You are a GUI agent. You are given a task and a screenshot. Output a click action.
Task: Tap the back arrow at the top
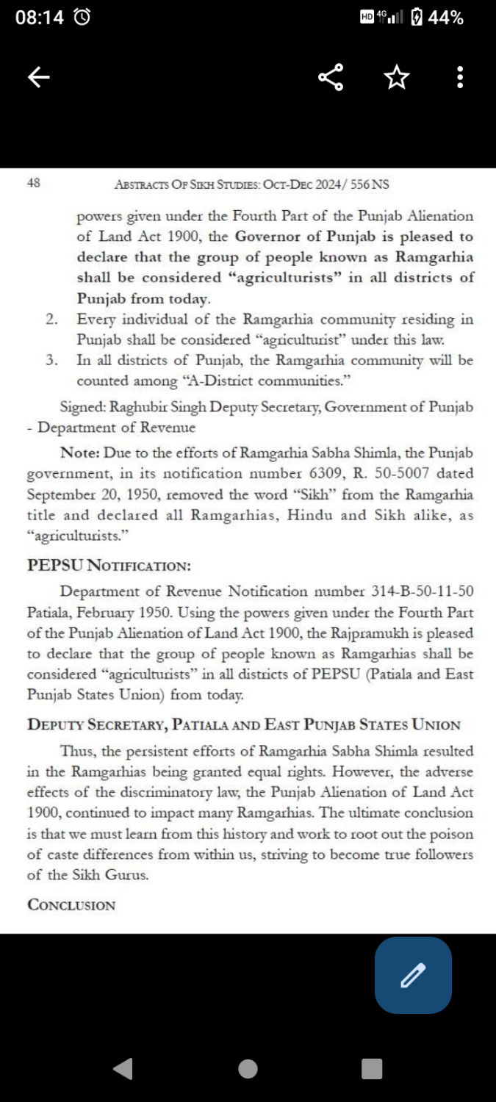click(38, 77)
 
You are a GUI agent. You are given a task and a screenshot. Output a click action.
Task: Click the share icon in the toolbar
click(331, 77)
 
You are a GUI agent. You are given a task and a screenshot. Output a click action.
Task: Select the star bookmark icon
click(396, 77)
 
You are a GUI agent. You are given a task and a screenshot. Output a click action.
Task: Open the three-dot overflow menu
click(460, 77)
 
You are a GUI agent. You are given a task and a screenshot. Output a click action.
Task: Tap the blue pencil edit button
click(413, 975)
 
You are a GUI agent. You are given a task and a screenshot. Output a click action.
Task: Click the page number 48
click(33, 184)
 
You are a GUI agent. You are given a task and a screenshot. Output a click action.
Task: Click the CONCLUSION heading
click(71, 904)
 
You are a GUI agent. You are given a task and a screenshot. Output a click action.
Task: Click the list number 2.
click(51, 320)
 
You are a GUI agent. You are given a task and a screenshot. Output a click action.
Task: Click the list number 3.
click(51, 361)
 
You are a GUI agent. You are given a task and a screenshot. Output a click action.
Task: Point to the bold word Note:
click(80, 453)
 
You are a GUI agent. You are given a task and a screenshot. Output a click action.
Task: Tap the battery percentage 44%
click(445, 18)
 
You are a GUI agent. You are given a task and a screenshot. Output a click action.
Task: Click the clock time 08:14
click(40, 18)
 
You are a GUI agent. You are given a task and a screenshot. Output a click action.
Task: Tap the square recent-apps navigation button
click(372, 1068)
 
